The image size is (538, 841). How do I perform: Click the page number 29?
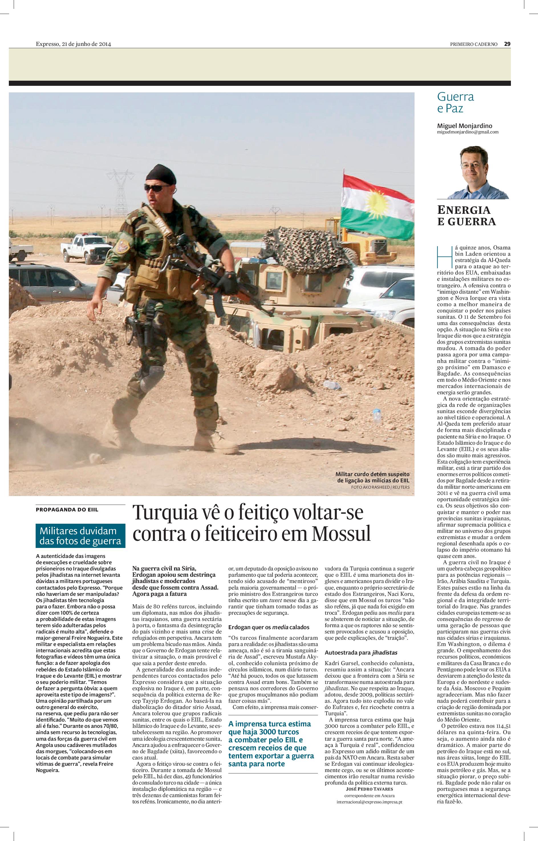[507, 44]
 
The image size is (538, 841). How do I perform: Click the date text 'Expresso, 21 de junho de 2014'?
[73, 44]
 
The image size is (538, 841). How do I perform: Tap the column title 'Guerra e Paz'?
[456, 102]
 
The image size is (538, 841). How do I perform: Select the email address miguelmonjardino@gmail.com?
[468, 132]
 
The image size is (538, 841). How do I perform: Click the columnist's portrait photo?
[478, 172]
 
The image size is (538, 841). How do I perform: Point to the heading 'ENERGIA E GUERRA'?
[466, 216]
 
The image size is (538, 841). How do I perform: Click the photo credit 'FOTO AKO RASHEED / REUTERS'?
[380, 487]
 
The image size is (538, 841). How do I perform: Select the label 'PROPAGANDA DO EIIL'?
[67, 509]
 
